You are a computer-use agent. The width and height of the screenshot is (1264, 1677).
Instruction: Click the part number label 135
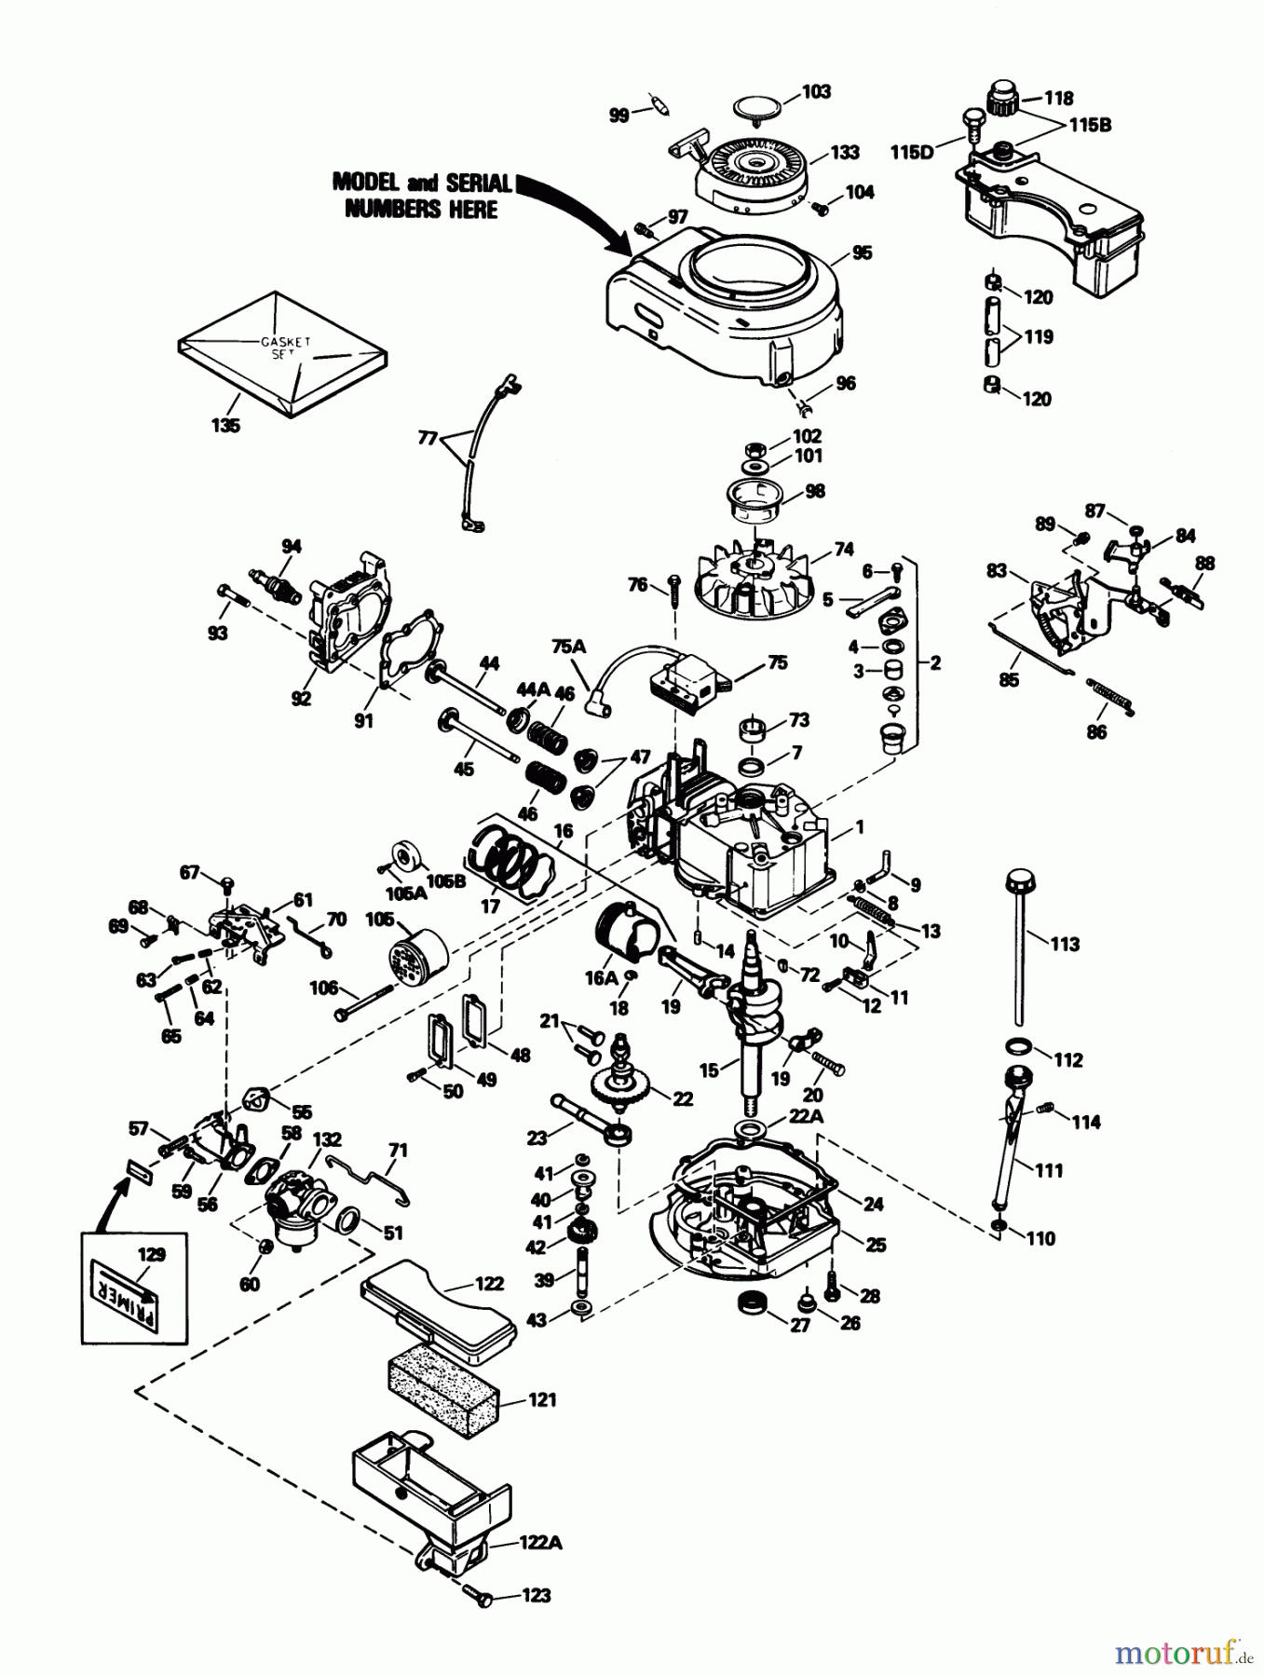[224, 426]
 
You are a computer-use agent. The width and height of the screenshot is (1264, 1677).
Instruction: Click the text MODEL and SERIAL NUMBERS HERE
[421, 196]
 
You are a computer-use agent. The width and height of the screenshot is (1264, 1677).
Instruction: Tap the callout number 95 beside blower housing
[862, 252]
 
